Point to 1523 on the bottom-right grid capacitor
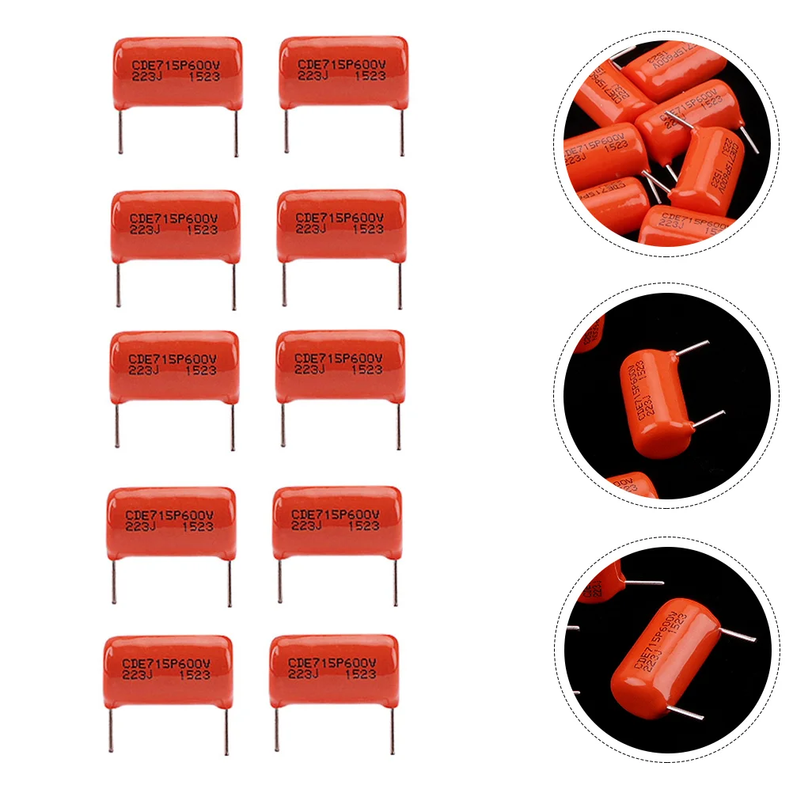pos(360,674)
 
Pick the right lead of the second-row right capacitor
pos(400,285)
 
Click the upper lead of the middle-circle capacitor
pos(693,347)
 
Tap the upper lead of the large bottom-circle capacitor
pos(737,634)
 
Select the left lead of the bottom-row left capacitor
pos(111,730)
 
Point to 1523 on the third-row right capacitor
pos(366,369)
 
